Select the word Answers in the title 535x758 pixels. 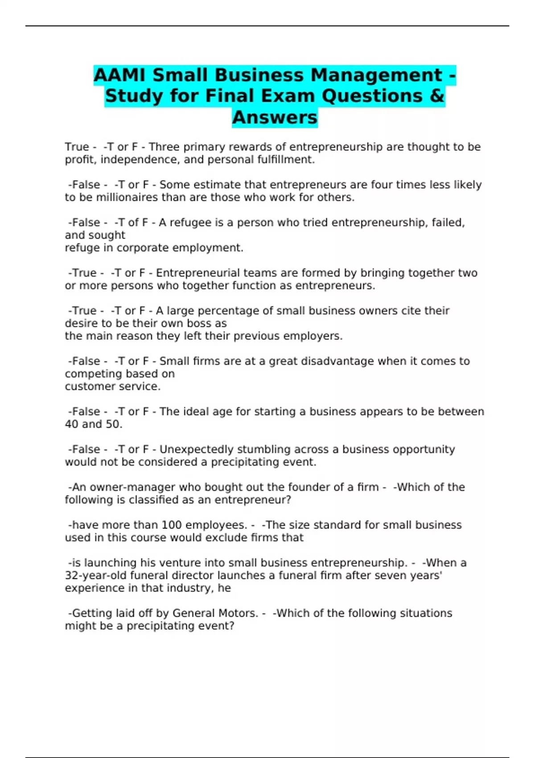click(275, 118)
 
